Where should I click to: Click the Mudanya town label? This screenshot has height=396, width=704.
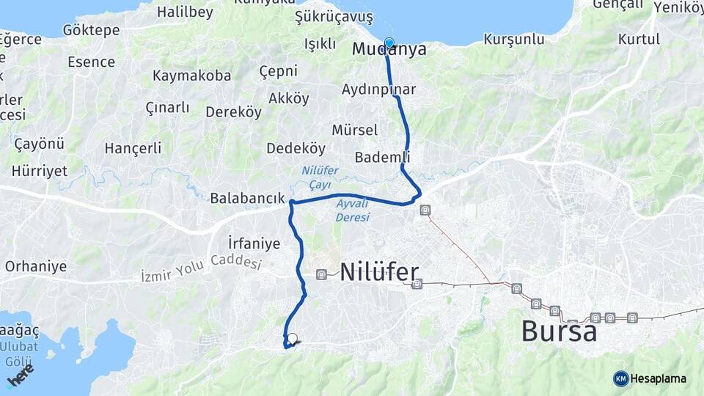pos(389,50)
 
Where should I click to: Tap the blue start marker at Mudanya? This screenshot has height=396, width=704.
pos(389,43)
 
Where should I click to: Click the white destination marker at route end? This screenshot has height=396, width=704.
pos(292,339)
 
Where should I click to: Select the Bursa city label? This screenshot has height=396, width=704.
pos(559,331)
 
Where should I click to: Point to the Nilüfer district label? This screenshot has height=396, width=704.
pos(379,272)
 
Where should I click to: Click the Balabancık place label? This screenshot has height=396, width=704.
pos(247,198)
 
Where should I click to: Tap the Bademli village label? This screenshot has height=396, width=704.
pos(382,157)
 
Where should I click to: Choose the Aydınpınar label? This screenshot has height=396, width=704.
pos(378,89)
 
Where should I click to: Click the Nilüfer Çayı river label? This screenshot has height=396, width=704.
pos(320,176)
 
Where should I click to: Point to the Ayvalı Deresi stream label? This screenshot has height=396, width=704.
pos(352,210)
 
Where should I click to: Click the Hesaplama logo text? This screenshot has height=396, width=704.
pos(658,378)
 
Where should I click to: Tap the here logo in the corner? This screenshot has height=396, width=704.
pos(20,376)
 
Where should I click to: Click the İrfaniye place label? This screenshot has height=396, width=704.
pos(254,243)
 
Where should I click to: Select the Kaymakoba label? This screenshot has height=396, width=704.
pos(191,76)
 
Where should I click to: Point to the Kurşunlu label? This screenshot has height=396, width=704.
pos(514,39)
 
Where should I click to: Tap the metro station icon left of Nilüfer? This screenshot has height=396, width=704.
pos(321,274)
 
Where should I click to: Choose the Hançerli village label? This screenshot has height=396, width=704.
pos(133,148)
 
